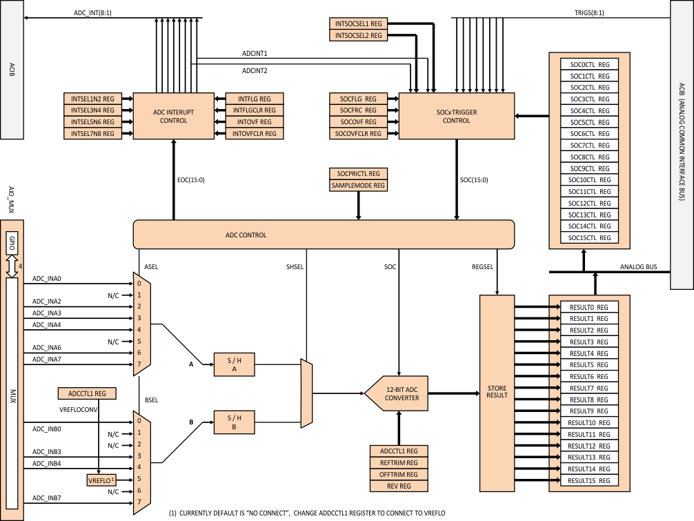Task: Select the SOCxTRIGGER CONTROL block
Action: [457, 115]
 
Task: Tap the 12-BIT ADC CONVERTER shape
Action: [401, 393]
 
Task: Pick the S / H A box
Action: [233, 366]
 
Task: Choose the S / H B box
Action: [233, 422]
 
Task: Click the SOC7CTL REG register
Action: [589, 145]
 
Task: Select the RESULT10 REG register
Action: [589, 422]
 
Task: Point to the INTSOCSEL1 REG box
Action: [358, 24]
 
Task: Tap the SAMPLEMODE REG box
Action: [358, 185]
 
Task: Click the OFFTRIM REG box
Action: [399, 475]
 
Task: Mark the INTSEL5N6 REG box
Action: [92, 121]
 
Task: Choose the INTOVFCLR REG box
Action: [250, 133]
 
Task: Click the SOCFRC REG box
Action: [358, 110]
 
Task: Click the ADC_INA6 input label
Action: [47, 347]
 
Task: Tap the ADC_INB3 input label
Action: [47, 451]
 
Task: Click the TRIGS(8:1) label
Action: [589, 13]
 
